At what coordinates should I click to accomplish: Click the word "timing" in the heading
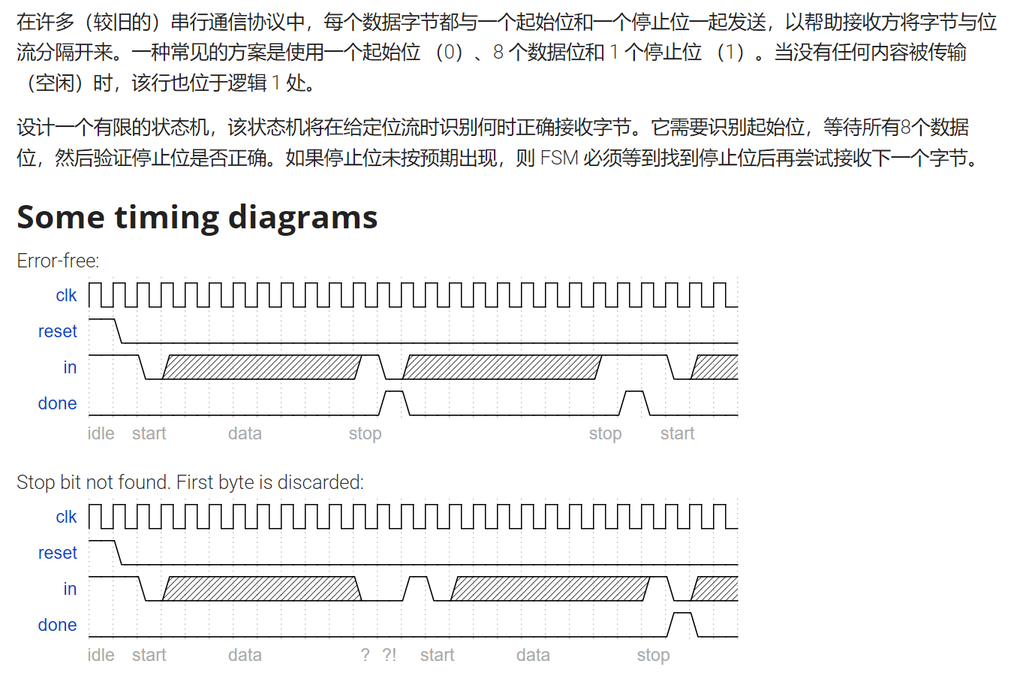pyautogui.click(x=170, y=218)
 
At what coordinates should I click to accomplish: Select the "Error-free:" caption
pyautogui.click(x=58, y=261)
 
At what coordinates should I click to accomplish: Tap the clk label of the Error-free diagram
pyautogui.click(x=66, y=295)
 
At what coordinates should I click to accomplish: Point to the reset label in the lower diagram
pyautogui.click(x=58, y=553)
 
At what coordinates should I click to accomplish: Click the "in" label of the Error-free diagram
pyautogui.click(x=70, y=367)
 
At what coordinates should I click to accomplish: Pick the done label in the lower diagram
pyautogui.click(x=58, y=625)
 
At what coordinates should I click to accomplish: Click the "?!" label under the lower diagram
pyautogui.click(x=389, y=655)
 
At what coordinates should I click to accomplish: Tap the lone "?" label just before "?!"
pyautogui.click(x=365, y=655)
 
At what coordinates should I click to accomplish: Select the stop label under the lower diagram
pyautogui.click(x=653, y=655)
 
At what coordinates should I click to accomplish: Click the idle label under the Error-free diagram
pyautogui.click(x=101, y=433)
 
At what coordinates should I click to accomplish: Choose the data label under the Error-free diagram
pyautogui.click(x=245, y=433)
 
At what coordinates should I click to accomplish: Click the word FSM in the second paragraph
pyautogui.click(x=559, y=158)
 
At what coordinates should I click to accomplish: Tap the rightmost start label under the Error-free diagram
pyautogui.click(x=677, y=433)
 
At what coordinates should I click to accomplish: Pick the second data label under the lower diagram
pyautogui.click(x=533, y=655)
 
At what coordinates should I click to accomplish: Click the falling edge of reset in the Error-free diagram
pyautogui.click(x=118, y=330)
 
